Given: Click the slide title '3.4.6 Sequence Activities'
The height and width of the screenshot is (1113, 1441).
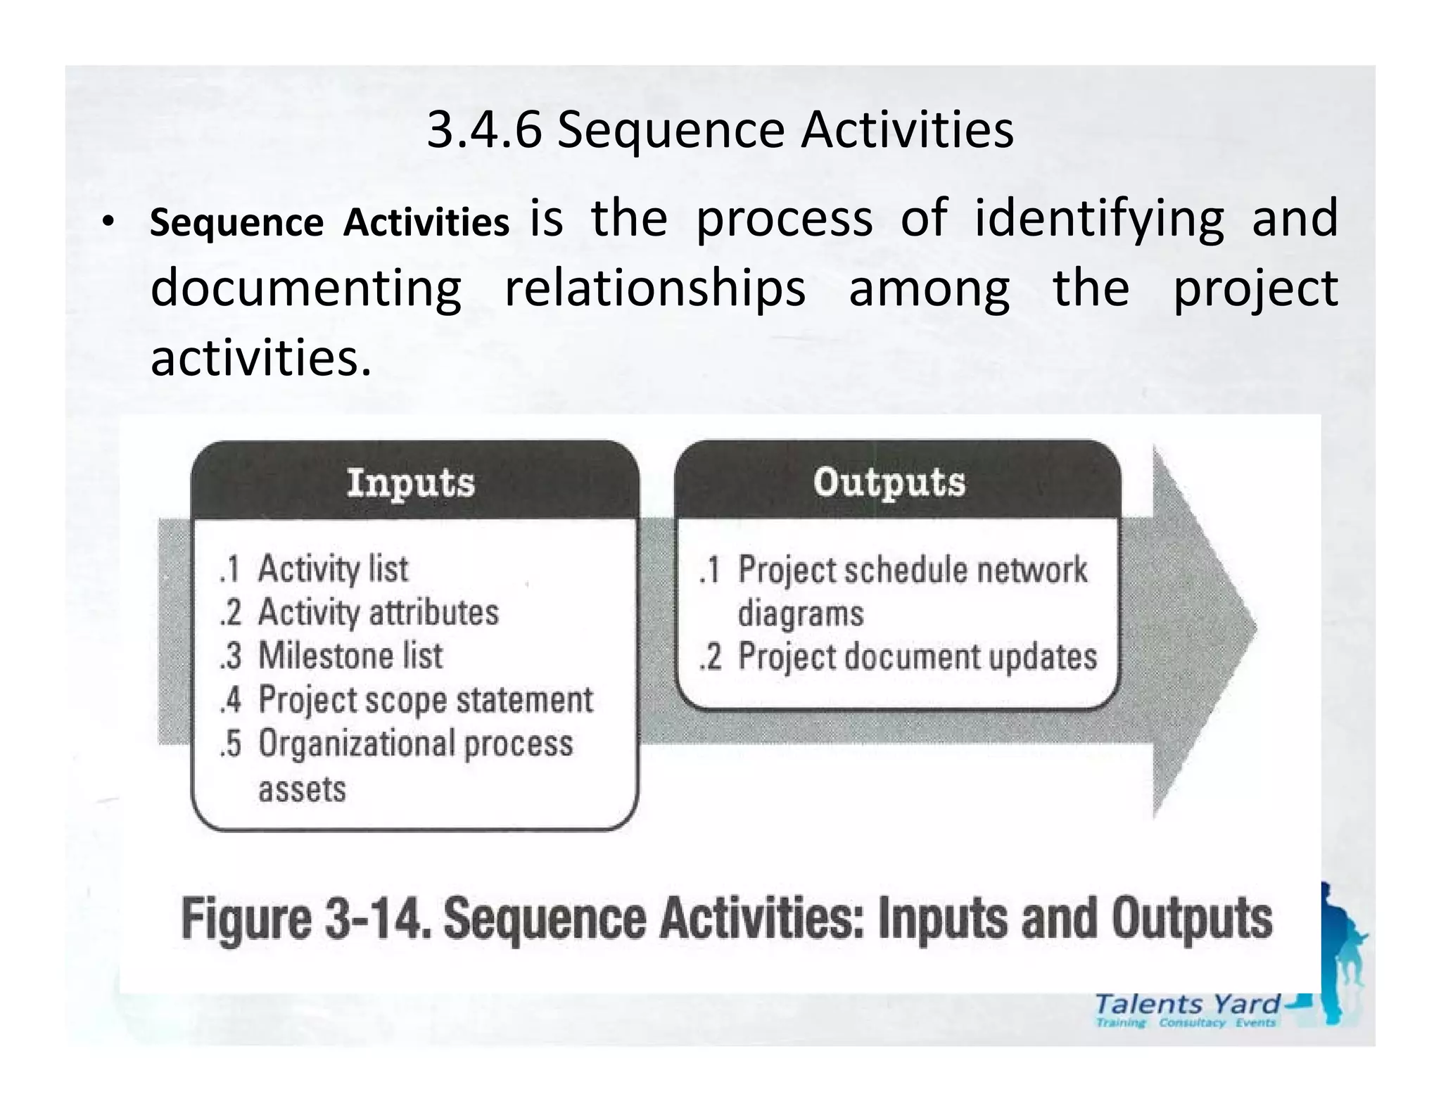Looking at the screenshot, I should pyautogui.click(x=720, y=130).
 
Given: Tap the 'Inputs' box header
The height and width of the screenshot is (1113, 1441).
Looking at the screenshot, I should pyautogui.click(x=411, y=483).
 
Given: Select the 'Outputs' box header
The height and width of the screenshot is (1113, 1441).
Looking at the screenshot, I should pyautogui.click(x=889, y=482).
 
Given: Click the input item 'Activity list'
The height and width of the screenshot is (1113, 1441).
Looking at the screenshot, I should pyautogui.click(x=332, y=568).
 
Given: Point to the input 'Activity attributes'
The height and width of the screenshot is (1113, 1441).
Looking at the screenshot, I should pyautogui.click(x=378, y=612).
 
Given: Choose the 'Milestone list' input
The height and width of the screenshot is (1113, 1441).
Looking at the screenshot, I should pyautogui.click(x=350, y=656).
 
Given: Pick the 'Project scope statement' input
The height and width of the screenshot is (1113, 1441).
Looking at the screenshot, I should pyautogui.click(x=425, y=699).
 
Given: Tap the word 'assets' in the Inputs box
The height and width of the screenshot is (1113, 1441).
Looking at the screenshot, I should pyautogui.click(x=302, y=789).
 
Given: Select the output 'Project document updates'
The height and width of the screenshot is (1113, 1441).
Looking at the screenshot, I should pyautogui.click(x=917, y=656).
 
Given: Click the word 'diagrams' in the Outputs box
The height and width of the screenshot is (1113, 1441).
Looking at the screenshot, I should pyautogui.click(x=800, y=613).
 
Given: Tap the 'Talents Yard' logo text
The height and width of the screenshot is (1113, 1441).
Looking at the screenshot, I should pyautogui.click(x=1188, y=1003).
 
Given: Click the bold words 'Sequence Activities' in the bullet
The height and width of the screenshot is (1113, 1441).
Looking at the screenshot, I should pyautogui.click(x=329, y=223).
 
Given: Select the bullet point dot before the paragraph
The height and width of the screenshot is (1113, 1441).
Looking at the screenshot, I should pyautogui.click(x=106, y=222).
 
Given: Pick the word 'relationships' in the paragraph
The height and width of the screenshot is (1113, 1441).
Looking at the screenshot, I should pyautogui.click(x=655, y=288).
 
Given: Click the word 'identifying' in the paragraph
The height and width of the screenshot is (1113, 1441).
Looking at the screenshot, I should pyautogui.click(x=1098, y=218).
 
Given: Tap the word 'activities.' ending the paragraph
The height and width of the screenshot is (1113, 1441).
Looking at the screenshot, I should pyautogui.click(x=260, y=358).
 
